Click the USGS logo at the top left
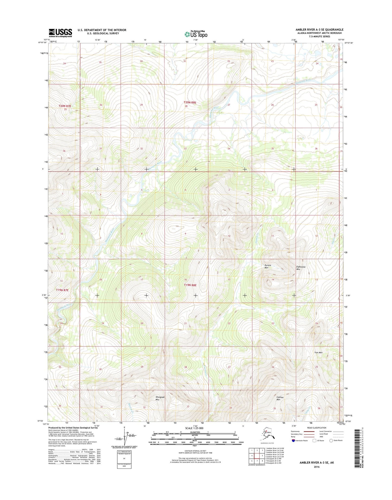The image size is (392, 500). tap(60, 33)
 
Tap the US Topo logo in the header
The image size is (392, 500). tap(196, 34)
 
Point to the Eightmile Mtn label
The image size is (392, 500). tap(301, 268)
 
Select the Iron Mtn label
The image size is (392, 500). tap(318, 353)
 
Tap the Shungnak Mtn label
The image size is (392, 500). tap(160, 398)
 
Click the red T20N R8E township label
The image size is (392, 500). tap(190, 102)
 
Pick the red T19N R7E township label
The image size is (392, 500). tap(62, 290)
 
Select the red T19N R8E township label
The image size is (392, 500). tap(190, 285)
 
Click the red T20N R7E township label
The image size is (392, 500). tap(65, 106)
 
